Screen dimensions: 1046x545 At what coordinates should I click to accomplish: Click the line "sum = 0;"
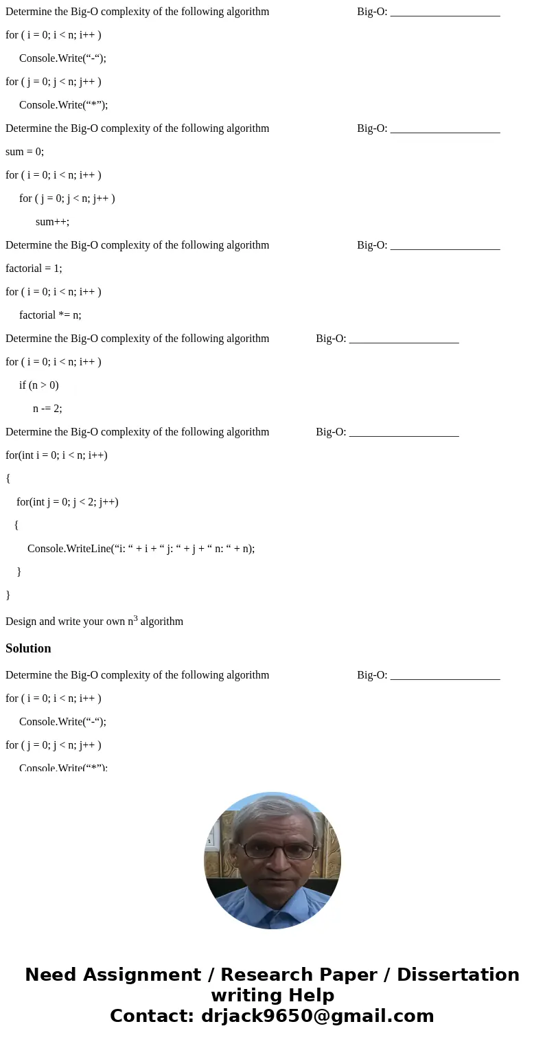tap(25, 152)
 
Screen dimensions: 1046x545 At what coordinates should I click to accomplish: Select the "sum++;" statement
tap(52, 222)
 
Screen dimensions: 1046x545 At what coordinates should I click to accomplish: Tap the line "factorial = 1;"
tap(34, 269)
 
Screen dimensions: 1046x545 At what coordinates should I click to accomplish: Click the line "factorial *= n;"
tap(50, 315)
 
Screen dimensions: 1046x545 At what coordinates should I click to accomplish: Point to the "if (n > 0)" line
tap(39, 385)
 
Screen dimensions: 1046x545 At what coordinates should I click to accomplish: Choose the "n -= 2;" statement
tap(47, 409)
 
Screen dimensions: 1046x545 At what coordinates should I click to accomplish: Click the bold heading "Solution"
tap(28, 648)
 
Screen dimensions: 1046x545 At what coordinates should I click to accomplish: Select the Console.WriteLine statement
tap(141, 549)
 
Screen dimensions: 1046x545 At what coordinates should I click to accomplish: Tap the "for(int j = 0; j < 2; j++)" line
tap(67, 502)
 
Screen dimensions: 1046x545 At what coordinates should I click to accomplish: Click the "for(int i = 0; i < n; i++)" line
tap(56, 455)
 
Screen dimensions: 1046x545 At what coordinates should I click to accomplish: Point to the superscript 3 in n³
tap(135, 618)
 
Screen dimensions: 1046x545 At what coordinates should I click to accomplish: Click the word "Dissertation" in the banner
tap(458, 975)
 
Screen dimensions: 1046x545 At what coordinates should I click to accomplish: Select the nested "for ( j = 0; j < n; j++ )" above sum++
tap(67, 198)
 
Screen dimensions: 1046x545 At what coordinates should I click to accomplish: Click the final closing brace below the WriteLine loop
tap(8, 595)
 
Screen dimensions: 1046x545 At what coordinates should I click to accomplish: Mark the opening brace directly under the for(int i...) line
tap(8, 479)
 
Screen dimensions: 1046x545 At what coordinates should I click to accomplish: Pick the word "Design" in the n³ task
tap(21, 622)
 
